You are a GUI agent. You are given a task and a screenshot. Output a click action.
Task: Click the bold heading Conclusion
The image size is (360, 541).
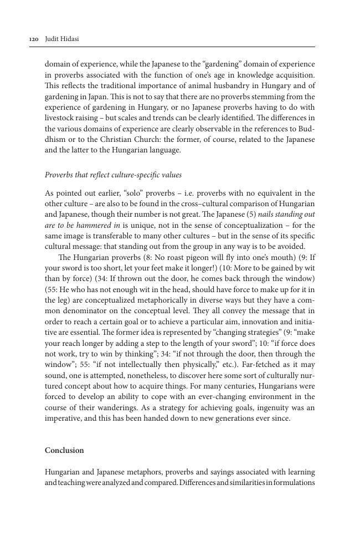64,450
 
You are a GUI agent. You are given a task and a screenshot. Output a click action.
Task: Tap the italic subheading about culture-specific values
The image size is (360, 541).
113,175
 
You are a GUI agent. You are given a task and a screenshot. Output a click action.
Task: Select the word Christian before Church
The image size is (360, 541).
117,139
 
